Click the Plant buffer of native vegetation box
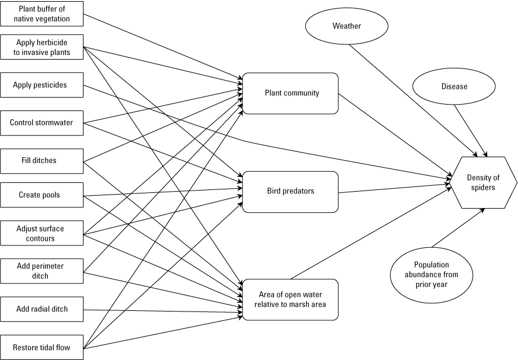[x=41, y=14]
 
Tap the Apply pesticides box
[x=41, y=85]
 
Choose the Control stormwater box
[x=41, y=123]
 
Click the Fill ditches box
[x=41, y=160]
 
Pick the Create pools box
[x=41, y=195]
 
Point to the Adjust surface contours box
[x=41, y=234]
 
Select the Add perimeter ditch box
[x=41, y=271]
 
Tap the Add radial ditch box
[x=41, y=309]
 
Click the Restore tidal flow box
[x=41, y=348]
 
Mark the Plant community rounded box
[x=290, y=93]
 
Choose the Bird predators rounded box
[x=290, y=192]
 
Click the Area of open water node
[x=290, y=299]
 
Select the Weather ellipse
[x=346, y=26]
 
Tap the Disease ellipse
[x=454, y=86]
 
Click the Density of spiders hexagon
[x=482, y=183]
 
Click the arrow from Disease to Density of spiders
[x=471, y=129]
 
